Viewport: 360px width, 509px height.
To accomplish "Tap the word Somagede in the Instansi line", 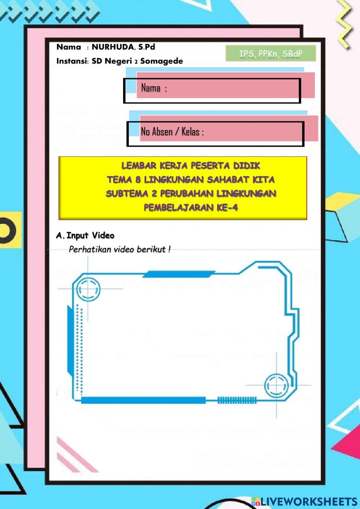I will point(162,61).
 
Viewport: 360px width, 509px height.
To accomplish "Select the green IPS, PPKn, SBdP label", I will point(271,54).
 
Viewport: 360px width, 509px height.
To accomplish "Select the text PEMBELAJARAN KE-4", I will point(191,207).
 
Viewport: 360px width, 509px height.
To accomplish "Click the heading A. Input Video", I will point(85,236).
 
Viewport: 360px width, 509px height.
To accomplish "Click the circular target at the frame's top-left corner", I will point(88,289).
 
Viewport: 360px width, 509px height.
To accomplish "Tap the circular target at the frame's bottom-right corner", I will point(276,385).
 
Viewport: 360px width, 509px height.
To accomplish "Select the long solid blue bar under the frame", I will point(143,400).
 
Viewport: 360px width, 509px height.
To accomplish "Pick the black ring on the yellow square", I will point(7,229).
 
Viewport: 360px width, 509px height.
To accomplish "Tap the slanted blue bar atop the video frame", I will point(179,274).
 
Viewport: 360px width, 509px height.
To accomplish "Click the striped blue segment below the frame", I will point(237,400).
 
